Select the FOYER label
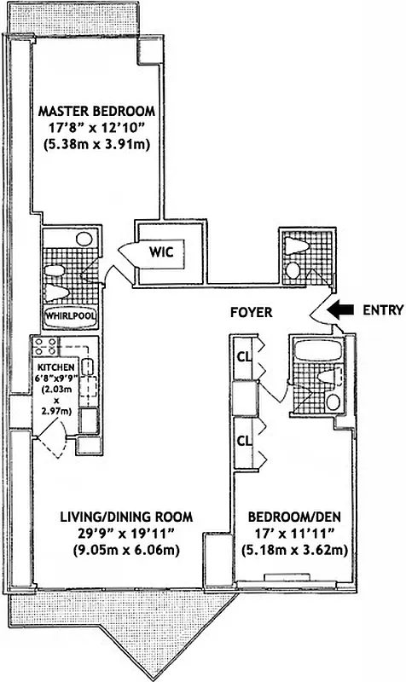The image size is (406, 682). coord(252,313)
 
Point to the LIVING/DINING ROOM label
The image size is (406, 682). coord(126,517)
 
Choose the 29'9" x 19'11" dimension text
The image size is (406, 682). coord(126,533)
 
